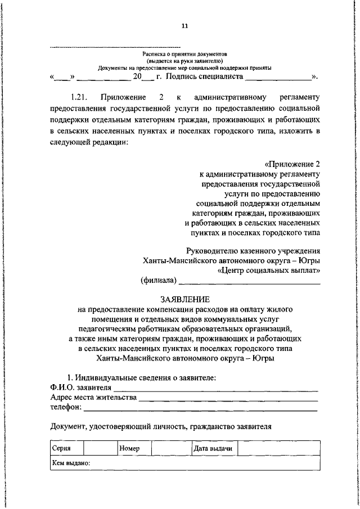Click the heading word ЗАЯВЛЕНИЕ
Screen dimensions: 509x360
185,299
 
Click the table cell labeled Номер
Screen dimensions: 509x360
134,449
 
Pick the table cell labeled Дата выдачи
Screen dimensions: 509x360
213,449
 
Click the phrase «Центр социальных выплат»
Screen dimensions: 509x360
269,270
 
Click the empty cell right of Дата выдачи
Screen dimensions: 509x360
281,449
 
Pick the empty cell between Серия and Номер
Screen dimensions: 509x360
100,449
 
